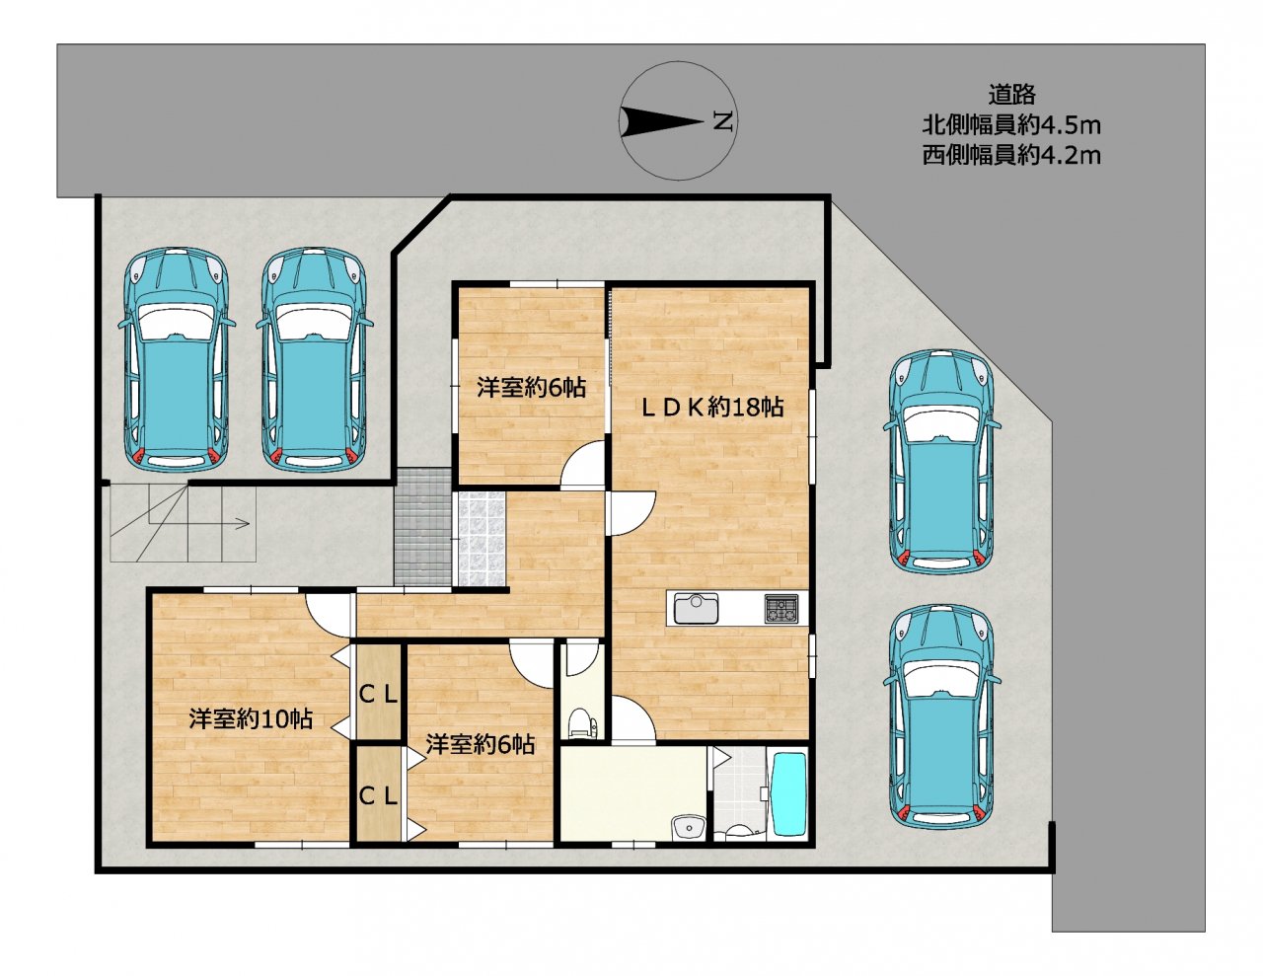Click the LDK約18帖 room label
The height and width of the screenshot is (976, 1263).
coord(712,407)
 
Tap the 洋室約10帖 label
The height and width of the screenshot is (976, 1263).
coord(251,719)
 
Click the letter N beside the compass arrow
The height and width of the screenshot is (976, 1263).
coord(722,121)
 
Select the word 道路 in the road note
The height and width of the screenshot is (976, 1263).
coord(1012,94)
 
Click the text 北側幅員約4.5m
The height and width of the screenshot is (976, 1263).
coord(1011,124)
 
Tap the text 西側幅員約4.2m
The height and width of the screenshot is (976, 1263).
coord(1011,155)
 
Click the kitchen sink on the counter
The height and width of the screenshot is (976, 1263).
coord(697,609)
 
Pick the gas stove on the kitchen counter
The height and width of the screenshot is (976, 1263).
coord(782,609)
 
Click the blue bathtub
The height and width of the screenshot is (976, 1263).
coord(787,795)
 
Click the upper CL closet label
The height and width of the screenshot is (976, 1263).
coord(378,694)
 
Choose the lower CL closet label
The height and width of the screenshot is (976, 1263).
coord(378,796)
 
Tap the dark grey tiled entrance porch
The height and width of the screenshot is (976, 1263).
coord(422,526)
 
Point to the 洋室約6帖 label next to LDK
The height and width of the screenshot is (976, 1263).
coord(531,387)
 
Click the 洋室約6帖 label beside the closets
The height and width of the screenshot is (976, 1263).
coord(481,745)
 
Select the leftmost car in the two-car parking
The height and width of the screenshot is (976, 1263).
coord(176,357)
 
